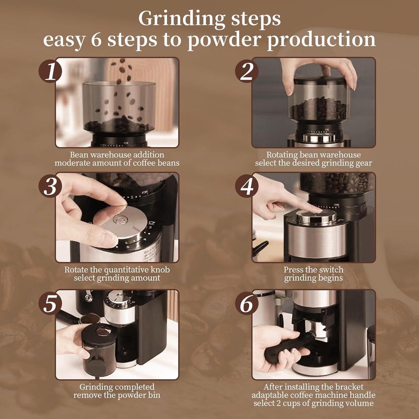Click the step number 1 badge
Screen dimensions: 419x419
50,71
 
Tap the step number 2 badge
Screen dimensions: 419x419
247,71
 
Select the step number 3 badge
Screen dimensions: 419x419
50,186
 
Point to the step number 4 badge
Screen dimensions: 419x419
247,186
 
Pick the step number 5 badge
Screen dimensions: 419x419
50,303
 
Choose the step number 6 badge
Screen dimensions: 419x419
247,303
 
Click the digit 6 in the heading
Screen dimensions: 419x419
96,39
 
